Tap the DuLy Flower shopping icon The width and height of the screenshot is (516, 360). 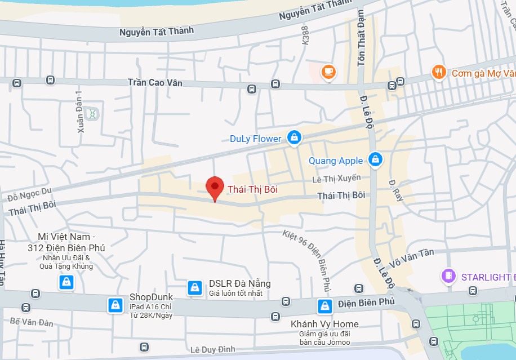[293, 137]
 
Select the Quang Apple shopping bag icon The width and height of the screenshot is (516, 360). [375, 160]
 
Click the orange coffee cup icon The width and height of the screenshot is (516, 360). [327, 72]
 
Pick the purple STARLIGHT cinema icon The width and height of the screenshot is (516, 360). [448, 276]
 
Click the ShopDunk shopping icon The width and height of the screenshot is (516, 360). [115, 305]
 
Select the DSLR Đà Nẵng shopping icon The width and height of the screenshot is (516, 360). [195, 287]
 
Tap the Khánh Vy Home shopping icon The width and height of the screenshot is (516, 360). [324, 306]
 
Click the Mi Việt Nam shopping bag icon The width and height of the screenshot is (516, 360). [66, 282]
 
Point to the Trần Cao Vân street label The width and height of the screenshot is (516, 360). [155, 82]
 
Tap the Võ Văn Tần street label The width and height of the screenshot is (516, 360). [411, 256]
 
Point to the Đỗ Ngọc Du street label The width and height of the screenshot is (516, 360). [29, 194]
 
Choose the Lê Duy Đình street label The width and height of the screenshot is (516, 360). [212, 349]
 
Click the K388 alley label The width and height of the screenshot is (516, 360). [306, 35]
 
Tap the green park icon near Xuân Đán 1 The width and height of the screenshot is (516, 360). [92, 114]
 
